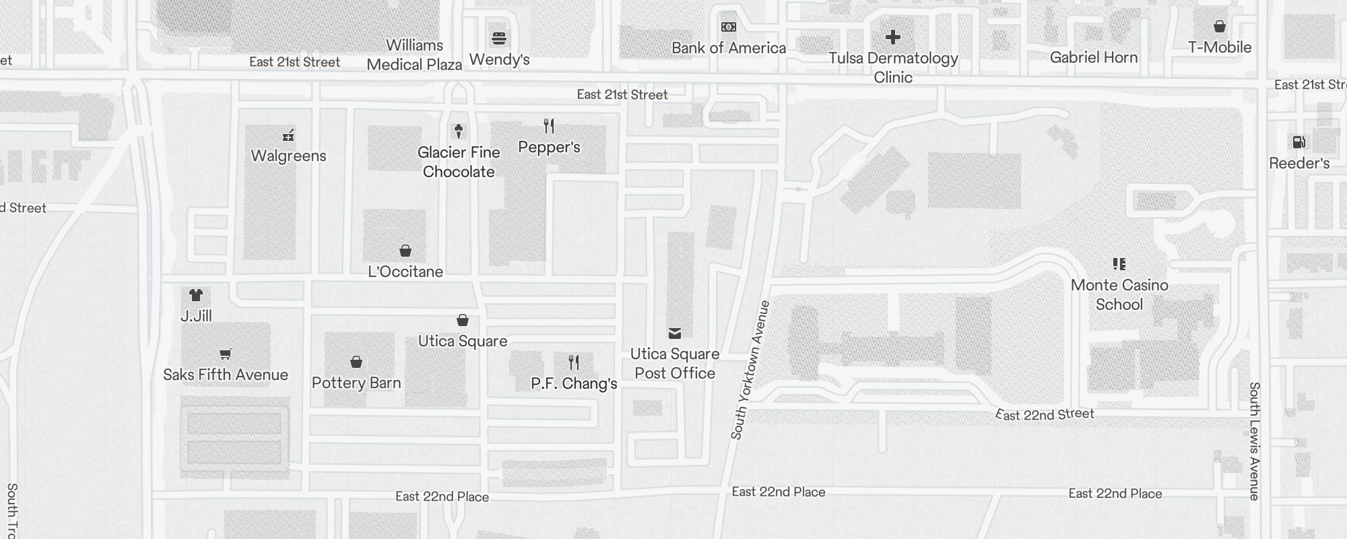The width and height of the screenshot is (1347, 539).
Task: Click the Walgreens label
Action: pos(288,156)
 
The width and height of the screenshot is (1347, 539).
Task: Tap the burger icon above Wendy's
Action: pos(499,38)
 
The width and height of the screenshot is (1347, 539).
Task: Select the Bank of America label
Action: pos(729,48)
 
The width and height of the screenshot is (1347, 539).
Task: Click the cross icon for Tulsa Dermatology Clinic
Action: pos(893,37)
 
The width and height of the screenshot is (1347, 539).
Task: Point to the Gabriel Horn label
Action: pos(1094,57)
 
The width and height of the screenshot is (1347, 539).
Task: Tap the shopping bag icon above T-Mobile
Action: pos(1220,27)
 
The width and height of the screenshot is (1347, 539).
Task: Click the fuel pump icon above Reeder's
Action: pos(1299,142)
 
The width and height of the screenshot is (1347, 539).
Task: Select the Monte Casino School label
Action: pos(1119,294)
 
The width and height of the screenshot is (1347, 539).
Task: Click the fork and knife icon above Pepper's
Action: pos(549,126)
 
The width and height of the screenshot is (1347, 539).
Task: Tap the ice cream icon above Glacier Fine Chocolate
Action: pos(459,131)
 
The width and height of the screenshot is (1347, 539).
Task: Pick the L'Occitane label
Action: pos(405,272)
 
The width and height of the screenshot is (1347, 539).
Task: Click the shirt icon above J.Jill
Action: pos(196,295)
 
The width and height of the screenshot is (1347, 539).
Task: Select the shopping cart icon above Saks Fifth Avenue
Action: pos(226,354)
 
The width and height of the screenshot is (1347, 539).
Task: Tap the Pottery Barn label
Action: pos(356,383)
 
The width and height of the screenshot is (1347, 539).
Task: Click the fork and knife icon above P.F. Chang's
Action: pos(574,363)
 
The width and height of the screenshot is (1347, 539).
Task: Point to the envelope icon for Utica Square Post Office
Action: pos(675,334)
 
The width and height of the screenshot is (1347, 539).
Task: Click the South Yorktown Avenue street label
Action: pos(750,371)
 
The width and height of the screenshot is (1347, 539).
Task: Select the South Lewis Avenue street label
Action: pos(1254,441)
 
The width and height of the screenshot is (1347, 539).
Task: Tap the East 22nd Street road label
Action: pos(1045,414)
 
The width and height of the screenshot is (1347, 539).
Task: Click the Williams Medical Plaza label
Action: pos(414,55)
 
